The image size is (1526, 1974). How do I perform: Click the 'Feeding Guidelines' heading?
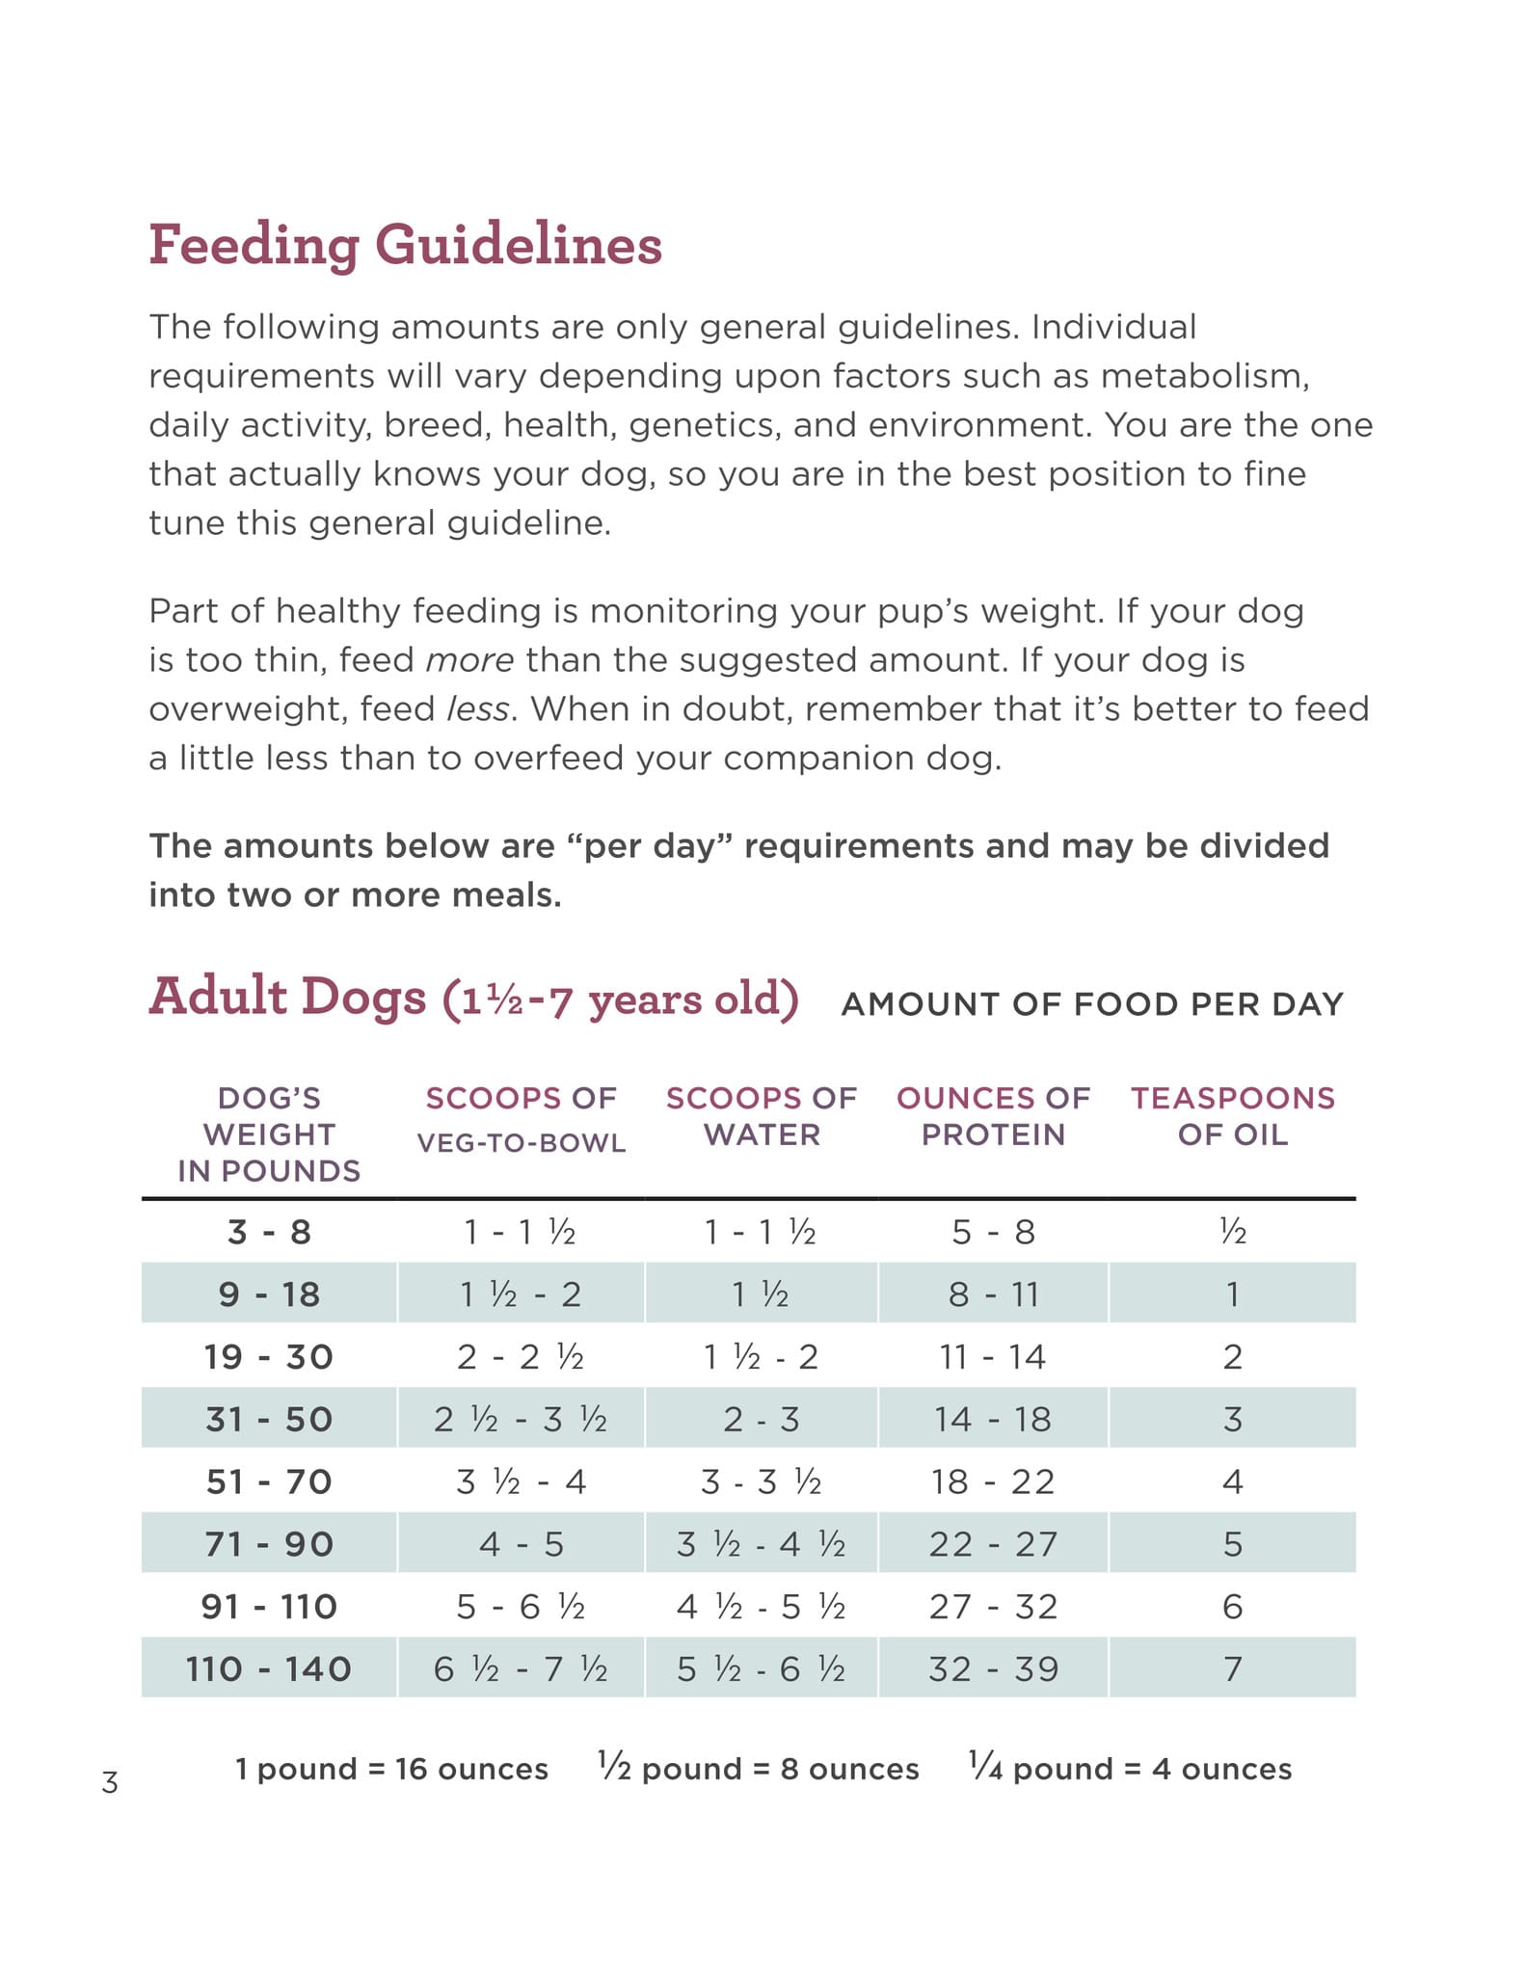(405, 245)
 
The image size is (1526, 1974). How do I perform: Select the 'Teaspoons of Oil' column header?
(1233, 1116)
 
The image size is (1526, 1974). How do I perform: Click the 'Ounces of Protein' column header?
(993, 1116)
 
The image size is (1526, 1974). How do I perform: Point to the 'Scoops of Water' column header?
(761, 1116)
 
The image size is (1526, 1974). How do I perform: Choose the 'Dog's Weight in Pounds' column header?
(269, 1134)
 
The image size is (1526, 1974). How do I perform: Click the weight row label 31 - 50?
(269, 1419)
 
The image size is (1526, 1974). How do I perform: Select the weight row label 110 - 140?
(269, 1668)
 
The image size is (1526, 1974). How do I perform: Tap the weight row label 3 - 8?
(269, 1232)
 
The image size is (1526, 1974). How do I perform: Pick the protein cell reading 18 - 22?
(993, 1481)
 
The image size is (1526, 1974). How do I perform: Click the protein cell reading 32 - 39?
(993, 1668)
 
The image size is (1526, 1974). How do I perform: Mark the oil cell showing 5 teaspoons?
(1233, 1544)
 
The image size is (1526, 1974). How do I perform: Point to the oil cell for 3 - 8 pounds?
(1233, 1232)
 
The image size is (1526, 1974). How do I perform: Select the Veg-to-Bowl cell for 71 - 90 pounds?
(521, 1544)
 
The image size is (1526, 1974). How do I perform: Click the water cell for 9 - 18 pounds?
(761, 1294)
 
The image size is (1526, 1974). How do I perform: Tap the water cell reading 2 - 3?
(761, 1419)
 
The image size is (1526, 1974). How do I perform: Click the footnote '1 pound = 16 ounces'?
(391, 1769)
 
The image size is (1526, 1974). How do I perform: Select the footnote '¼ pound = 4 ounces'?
(1130, 1768)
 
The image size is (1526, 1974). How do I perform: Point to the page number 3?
(110, 1783)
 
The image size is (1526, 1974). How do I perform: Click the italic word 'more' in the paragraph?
(469, 660)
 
